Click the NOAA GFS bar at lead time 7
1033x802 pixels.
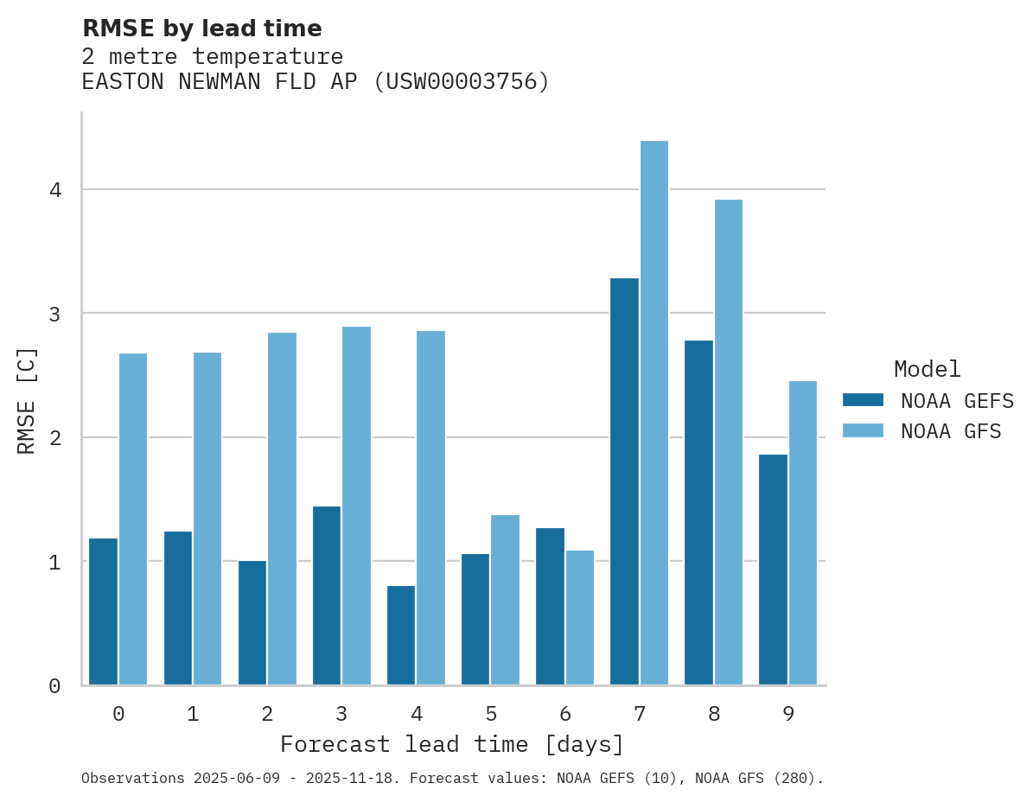click(654, 413)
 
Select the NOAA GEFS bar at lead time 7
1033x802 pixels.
click(624, 481)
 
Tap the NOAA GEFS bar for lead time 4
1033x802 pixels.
click(401, 635)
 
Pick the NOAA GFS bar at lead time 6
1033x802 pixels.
click(579, 617)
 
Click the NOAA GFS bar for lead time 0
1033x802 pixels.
click(133, 519)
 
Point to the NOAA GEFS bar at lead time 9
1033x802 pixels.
click(773, 570)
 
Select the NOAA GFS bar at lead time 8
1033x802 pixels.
click(728, 442)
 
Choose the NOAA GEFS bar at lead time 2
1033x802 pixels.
click(252, 622)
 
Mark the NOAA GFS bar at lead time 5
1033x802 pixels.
click(505, 600)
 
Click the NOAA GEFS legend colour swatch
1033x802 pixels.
click(863, 400)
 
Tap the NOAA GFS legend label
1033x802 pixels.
click(951, 431)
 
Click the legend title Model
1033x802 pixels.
click(927, 370)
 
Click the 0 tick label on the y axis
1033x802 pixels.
click(54, 686)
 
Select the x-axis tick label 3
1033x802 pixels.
click(341, 714)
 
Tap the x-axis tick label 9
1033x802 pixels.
click(788, 714)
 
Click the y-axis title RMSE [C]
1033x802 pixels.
click(27, 400)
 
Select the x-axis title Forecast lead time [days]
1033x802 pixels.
click(451, 744)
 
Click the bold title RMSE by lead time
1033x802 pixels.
click(201, 29)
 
